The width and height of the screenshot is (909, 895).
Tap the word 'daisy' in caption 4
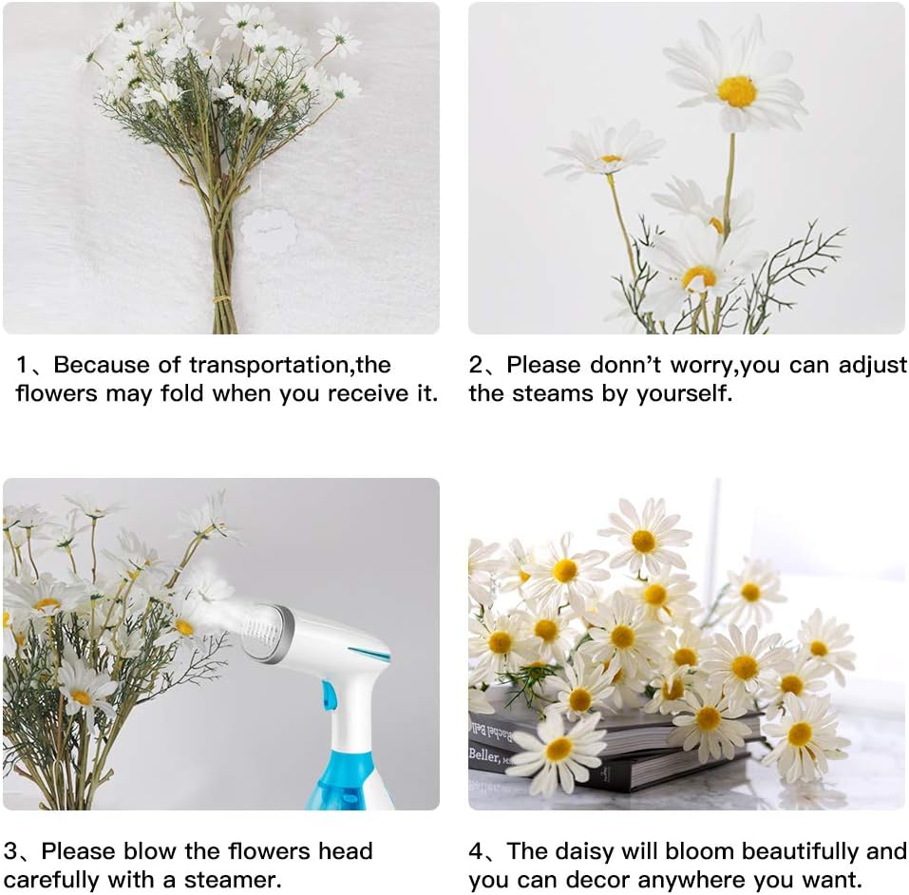tap(593, 851)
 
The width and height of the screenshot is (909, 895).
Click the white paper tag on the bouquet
tap(269, 231)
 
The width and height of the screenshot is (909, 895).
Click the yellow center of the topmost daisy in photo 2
tap(737, 91)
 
